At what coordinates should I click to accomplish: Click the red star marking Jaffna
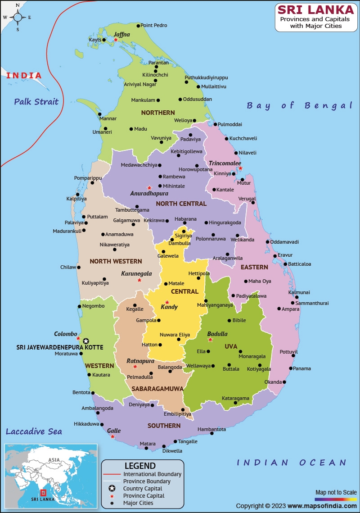(x=116, y=40)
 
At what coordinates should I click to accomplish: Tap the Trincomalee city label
(x=225, y=163)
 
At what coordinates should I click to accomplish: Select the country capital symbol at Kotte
(x=86, y=341)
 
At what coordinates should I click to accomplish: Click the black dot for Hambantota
(x=212, y=433)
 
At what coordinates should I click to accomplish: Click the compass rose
(x=18, y=18)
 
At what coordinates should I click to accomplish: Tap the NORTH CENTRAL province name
(x=181, y=204)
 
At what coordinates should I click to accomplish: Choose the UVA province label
(x=231, y=346)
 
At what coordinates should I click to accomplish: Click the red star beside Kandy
(x=167, y=302)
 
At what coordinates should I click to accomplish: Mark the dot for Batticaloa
(x=285, y=264)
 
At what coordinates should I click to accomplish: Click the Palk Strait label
(x=36, y=101)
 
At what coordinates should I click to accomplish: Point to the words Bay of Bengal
(x=299, y=105)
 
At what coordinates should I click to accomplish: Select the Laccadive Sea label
(x=34, y=431)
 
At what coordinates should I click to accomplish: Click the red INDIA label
(x=24, y=76)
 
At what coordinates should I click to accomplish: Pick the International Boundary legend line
(x=112, y=474)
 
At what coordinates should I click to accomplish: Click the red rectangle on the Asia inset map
(x=43, y=492)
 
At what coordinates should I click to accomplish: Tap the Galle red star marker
(x=112, y=436)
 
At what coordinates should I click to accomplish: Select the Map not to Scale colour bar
(x=335, y=499)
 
